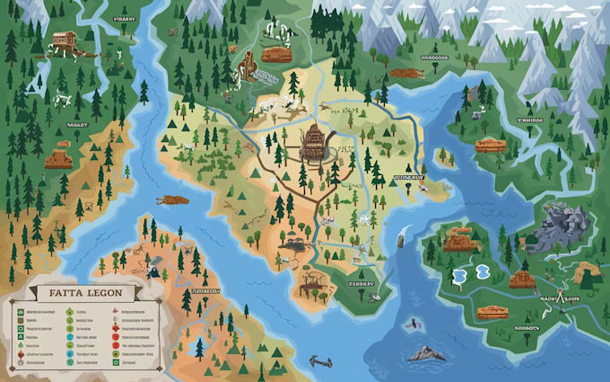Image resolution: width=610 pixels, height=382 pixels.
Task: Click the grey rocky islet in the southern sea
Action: point(424,352)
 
